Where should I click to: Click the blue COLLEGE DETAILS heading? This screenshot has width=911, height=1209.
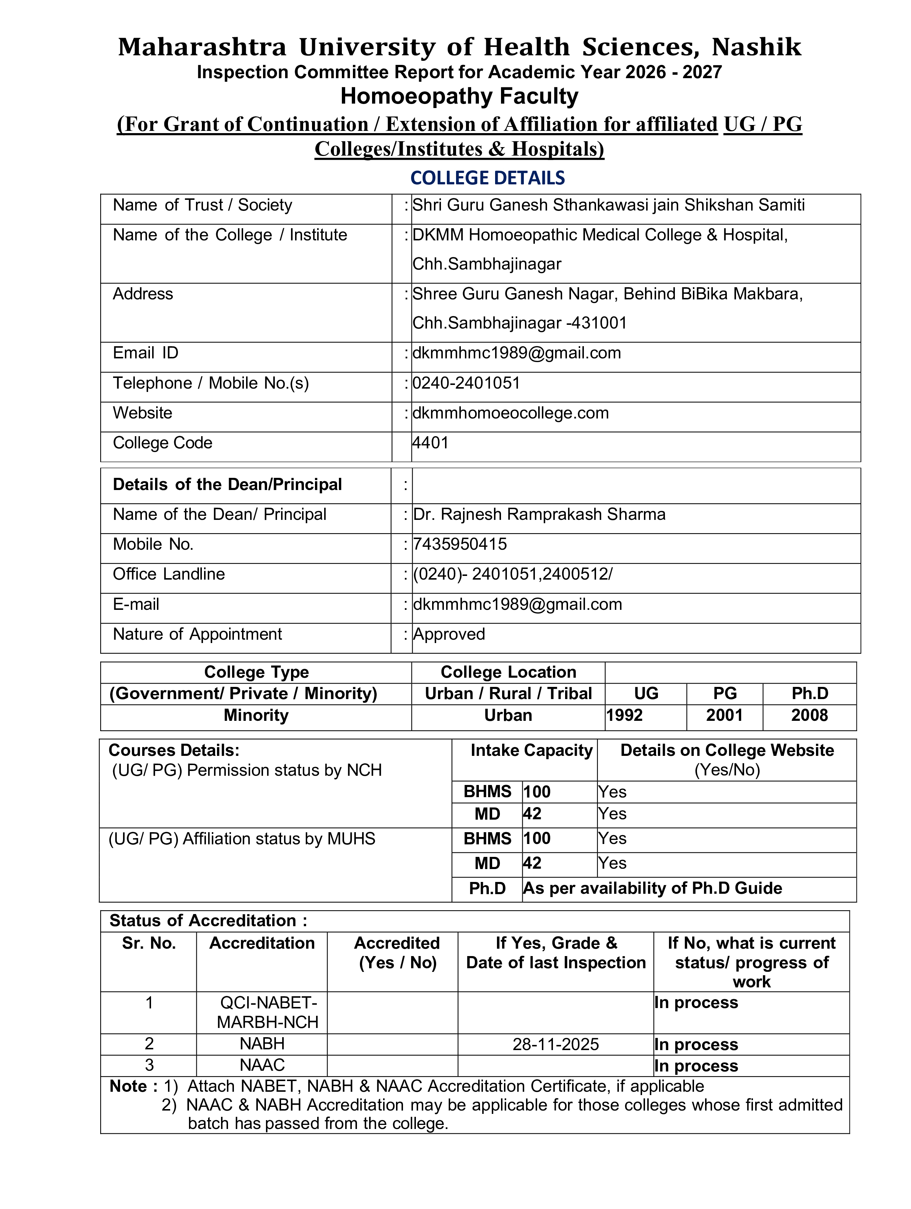[x=487, y=178]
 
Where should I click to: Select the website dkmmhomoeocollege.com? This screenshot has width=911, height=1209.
[x=510, y=413]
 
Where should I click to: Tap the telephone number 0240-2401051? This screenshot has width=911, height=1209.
[x=466, y=383]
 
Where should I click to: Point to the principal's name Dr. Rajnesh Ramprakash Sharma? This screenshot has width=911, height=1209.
[x=539, y=514]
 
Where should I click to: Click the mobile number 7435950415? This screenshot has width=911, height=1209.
[x=460, y=544]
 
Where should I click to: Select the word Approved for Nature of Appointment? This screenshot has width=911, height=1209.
[x=449, y=634]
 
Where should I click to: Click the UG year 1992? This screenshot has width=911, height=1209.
[x=624, y=715]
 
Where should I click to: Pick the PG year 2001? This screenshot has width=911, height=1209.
[x=724, y=715]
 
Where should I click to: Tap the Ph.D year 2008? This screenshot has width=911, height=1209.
[x=809, y=715]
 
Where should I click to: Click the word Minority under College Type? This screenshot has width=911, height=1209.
[x=256, y=715]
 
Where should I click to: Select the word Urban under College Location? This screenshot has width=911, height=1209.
[x=508, y=715]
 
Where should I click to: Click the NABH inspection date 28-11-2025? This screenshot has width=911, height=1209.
[x=556, y=1045]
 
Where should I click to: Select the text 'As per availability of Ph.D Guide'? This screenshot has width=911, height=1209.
[x=652, y=888]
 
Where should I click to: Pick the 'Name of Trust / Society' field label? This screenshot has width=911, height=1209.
[x=202, y=205]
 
